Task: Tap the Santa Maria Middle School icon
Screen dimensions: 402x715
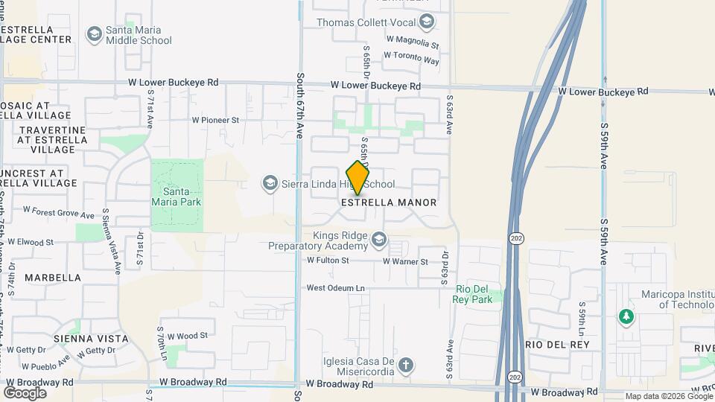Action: point(94,34)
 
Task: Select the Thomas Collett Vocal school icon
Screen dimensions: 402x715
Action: point(427,23)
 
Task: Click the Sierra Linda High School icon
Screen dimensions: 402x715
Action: point(270,183)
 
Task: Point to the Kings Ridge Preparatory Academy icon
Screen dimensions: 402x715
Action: point(380,238)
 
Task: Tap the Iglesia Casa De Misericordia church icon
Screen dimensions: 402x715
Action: point(405,365)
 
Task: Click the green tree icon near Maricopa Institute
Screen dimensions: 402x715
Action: point(626,317)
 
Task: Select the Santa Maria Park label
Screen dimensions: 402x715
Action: point(177,196)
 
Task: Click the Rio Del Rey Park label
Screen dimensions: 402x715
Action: point(474,294)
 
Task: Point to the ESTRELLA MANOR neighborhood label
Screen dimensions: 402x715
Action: point(389,202)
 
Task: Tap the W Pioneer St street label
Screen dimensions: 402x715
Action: point(215,119)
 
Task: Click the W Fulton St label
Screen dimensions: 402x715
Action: point(328,261)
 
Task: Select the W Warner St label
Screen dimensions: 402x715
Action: point(405,261)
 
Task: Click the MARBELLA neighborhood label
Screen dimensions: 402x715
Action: point(53,278)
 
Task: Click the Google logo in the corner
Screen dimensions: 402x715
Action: point(25,392)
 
